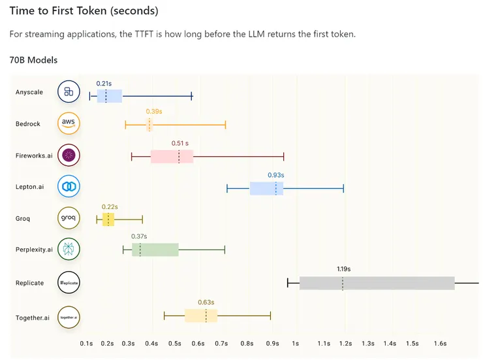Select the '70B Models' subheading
coord(33,60)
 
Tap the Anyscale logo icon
coord(69,92)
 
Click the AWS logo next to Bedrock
coord(69,123)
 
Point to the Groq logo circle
coord(69,218)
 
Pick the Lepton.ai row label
coord(30,187)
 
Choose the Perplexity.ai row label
coord(34,250)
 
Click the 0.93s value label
coord(276,175)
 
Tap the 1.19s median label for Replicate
coord(343,269)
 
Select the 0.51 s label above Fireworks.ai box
coord(179,143)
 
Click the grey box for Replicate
coord(377,283)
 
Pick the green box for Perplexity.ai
coord(155,250)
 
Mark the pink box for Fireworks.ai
coord(172,156)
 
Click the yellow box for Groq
coord(108,219)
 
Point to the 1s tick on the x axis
coord(296,343)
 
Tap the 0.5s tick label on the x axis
coord(175,343)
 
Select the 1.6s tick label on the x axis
coord(440,343)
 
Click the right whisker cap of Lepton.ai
coord(343,188)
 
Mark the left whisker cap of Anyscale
coord(90,96)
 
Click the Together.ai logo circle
coord(69,317)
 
